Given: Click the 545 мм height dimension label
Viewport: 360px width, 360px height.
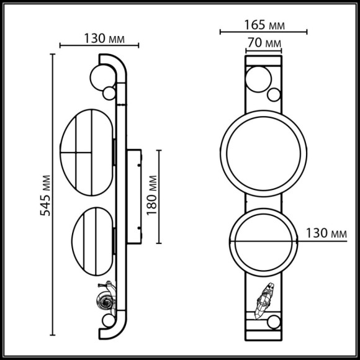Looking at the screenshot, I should pos(44,196).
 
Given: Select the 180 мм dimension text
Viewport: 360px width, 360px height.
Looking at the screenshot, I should pos(153,194).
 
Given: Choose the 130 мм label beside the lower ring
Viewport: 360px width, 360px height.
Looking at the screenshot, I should pos(326,233).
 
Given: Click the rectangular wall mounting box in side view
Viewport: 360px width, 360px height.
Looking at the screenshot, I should pos(135,195).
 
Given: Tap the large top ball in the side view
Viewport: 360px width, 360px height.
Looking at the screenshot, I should pos(100,77).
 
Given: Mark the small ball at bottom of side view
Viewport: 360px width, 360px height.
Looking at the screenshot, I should pos(108,322).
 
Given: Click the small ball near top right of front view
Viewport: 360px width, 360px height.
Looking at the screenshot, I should pos(274,95).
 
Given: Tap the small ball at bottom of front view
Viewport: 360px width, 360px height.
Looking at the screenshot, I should pos(274,322).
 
